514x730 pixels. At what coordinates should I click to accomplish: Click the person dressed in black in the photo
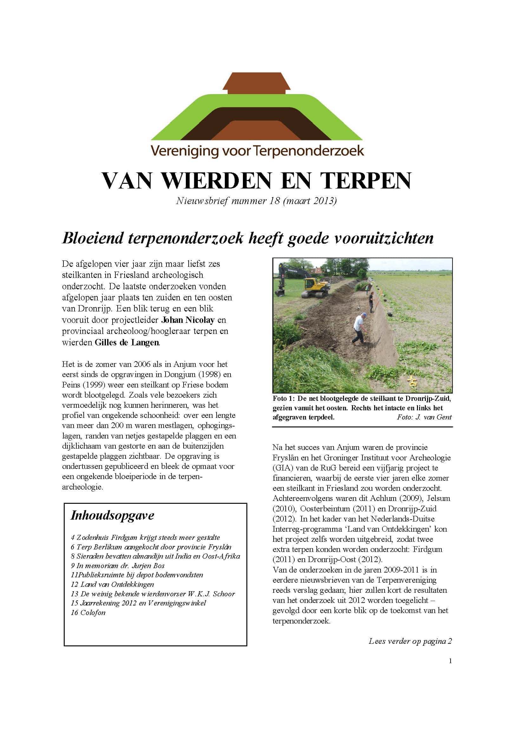pyautogui.click(x=371, y=302)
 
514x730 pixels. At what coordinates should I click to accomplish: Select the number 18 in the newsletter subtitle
pyautogui.click(x=274, y=201)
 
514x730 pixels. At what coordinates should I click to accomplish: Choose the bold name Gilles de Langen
pyautogui.click(x=127, y=342)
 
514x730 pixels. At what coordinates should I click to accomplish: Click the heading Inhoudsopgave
pyautogui.click(x=112, y=515)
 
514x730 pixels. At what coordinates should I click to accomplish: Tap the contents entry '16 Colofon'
pyautogui.click(x=88, y=613)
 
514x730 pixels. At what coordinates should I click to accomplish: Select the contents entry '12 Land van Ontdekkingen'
pyautogui.click(x=112, y=584)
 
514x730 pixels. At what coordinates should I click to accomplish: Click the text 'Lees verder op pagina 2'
pyautogui.click(x=410, y=641)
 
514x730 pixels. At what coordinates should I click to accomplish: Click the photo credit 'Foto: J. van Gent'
pyautogui.click(x=424, y=417)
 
